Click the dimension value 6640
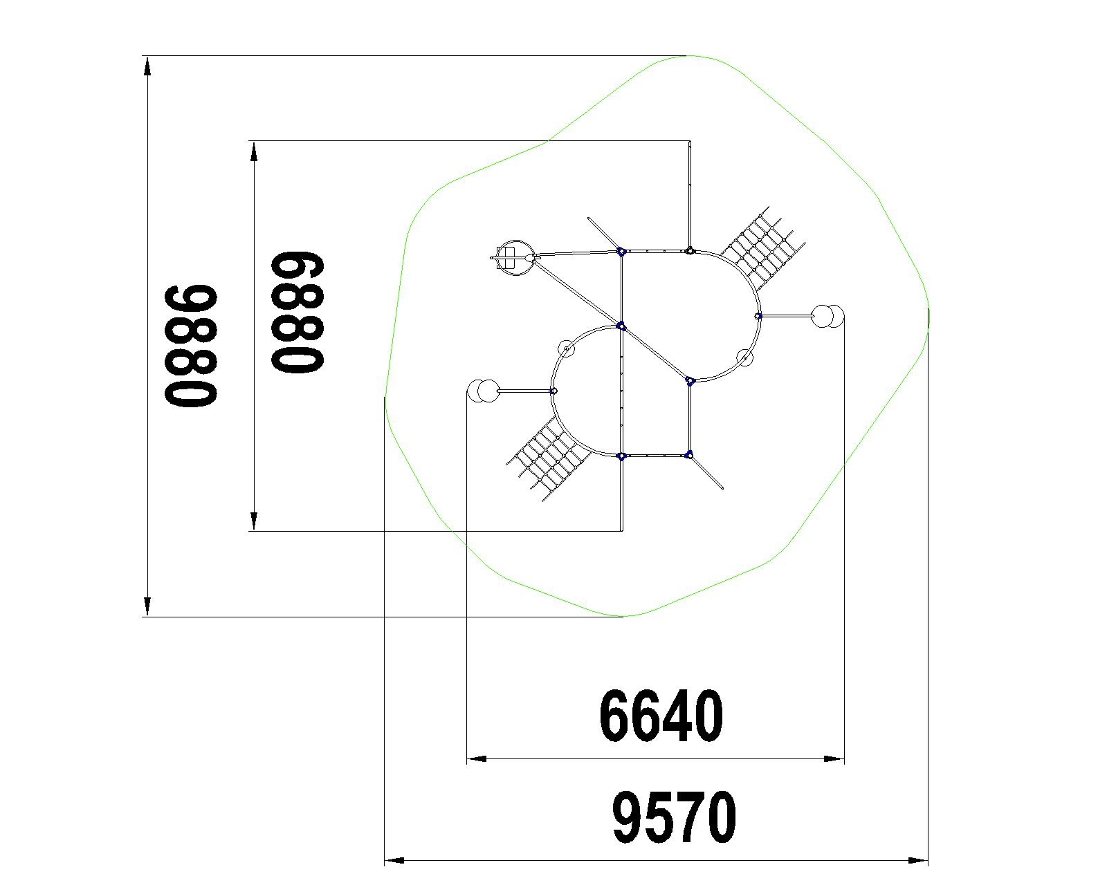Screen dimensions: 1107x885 (x=661, y=716)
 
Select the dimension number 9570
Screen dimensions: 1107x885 (x=675, y=817)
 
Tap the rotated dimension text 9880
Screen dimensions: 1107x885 (x=191, y=346)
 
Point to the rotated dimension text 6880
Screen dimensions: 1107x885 (x=298, y=312)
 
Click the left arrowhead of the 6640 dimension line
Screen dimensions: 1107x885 (x=476, y=758)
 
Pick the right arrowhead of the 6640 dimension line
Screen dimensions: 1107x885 (x=834, y=758)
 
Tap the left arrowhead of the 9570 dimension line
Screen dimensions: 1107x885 (x=394, y=860)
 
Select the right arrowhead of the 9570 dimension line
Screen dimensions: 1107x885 (x=918, y=860)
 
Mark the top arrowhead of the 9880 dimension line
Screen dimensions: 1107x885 (x=147, y=67)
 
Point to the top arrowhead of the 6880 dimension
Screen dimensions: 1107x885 (x=254, y=151)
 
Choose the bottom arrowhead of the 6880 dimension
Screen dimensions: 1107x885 (x=254, y=521)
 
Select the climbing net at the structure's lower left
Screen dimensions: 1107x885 (x=549, y=459)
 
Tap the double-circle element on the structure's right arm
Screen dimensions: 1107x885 (x=827, y=316)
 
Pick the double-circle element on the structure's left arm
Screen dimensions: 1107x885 (x=482, y=391)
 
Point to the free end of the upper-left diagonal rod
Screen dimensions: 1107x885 (x=589, y=219)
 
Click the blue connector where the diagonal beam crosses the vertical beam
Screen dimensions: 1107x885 (x=621, y=326)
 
